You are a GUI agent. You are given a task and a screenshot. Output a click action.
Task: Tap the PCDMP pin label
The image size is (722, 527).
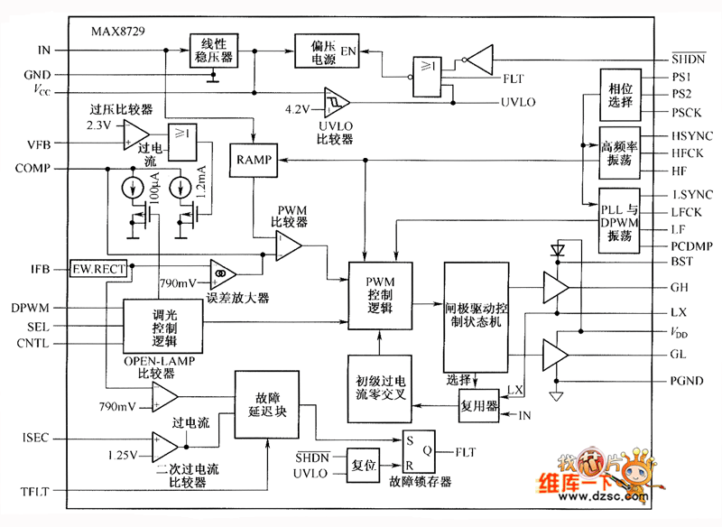point(694,245)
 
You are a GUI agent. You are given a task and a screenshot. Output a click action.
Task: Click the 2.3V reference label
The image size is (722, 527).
point(98,124)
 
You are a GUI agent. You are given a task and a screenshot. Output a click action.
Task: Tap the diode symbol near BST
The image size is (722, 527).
point(556,248)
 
